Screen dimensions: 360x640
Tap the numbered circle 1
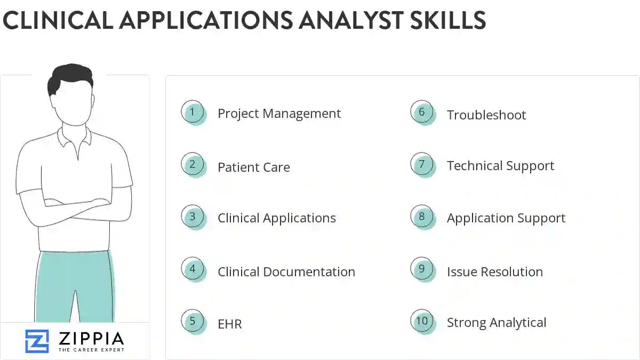click(193, 113)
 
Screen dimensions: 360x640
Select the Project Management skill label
click(279, 114)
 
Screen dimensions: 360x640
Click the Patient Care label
click(254, 167)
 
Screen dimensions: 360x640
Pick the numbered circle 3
click(193, 217)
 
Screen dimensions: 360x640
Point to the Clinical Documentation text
click(286, 271)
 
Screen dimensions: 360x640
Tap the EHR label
click(230, 324)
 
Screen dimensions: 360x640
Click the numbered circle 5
click(193, 322)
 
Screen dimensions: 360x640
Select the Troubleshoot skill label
click(486, 115)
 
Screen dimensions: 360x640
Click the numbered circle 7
click(422, 164)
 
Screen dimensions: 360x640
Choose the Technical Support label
click(500, 166)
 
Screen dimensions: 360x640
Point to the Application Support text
click(506, 218)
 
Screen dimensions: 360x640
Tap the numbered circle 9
click(422, 269)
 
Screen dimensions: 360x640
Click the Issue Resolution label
click(495, 271)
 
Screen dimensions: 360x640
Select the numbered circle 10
click(422, 321)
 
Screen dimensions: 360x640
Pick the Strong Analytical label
click(497, 323)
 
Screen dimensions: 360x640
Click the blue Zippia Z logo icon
click(37, 341)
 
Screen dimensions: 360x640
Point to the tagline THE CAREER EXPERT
click(91, 350)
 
